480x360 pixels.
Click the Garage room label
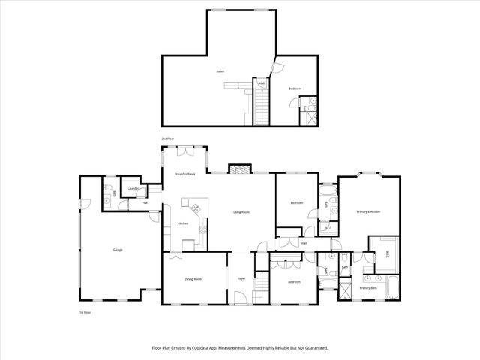118,250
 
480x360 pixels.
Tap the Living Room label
241,212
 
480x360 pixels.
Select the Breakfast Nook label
185,174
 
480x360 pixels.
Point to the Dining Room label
193,279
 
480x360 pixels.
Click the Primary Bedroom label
368,212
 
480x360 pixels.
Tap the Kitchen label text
183,224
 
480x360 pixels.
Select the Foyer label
241,279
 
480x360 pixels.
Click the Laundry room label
133,188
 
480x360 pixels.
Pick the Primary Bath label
368,288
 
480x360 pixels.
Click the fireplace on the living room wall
238,169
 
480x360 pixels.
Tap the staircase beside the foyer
262,283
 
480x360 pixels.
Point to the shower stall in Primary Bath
346,289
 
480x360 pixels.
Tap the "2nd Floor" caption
167,139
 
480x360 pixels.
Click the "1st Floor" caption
85,311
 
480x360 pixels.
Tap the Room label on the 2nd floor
220,71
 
